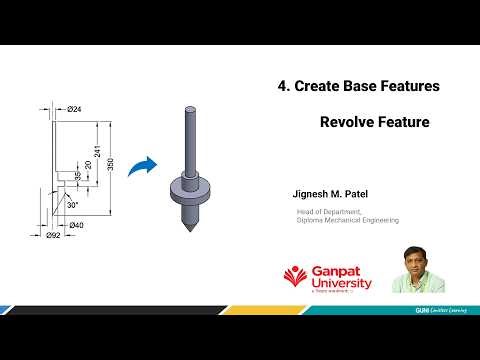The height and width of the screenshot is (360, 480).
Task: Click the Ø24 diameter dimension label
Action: point(75,108)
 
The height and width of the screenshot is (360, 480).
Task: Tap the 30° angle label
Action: point(72,204)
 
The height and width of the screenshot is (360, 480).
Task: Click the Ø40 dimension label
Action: point(77,225)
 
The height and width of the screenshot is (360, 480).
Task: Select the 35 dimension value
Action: point(78,177)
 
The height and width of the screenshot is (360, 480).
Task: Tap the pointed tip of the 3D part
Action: point(189,232)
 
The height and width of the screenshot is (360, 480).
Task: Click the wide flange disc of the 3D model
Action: point(189,187)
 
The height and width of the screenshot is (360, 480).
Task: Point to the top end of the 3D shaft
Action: point(189,104)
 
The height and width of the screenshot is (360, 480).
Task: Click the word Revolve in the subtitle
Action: point(350,123)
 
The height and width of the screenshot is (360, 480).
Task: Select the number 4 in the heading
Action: point(282,87)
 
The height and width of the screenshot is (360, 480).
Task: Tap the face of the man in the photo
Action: point(411,259)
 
